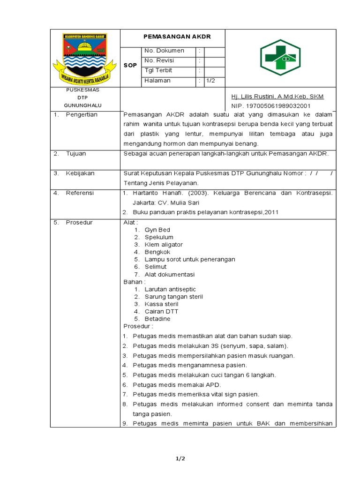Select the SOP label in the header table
tap(130, 66)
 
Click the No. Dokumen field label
tap(164, 51)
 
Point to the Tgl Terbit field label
tap(158, 70)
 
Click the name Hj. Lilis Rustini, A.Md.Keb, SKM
tap(277, 97)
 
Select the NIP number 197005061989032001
tap(271, 106)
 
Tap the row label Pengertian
tap(82, 115)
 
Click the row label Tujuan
tap(76, 153)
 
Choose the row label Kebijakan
tap(80, 173)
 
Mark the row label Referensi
tap(80, 193)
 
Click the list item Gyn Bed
tap(157, 230)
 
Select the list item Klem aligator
tap(164, 245)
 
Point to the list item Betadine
tap(157, 319)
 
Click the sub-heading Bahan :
tap(135, 282)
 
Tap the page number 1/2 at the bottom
tap(180, 458)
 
